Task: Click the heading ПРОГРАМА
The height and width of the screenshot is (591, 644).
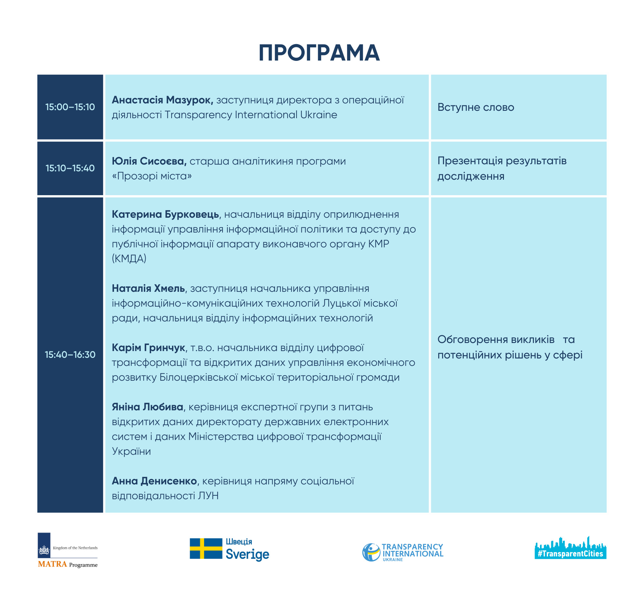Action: click(319, 53)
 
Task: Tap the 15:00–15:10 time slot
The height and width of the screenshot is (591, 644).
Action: click(70, 107)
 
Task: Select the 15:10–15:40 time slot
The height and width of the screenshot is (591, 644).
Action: click(70, 168)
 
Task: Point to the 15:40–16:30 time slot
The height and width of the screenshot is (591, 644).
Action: click(70, 355)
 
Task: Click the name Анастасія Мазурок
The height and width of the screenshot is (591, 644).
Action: click(162, 100)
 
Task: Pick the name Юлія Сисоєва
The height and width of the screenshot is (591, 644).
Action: click(149, 161)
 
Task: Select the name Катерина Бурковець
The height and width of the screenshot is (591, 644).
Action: click(166, 214)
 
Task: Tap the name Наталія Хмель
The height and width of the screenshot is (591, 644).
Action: click(148, 289)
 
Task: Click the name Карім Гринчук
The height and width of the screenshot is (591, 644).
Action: click(148, 348)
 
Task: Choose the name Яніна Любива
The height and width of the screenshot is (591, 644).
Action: click(147, 407)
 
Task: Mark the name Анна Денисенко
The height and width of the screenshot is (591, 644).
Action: click(154, 481)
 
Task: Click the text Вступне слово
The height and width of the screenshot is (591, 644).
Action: click(476, 107)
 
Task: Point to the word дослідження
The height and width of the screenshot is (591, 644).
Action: click(471, 176)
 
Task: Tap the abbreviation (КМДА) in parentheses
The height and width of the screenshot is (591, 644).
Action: click(129, 259)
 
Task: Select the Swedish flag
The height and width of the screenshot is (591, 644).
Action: click(206, 548)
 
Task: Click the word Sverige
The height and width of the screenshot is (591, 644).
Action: click(247, 554)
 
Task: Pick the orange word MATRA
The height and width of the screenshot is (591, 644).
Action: click(52, 564)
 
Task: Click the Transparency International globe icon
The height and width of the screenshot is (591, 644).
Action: click(371, 552)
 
